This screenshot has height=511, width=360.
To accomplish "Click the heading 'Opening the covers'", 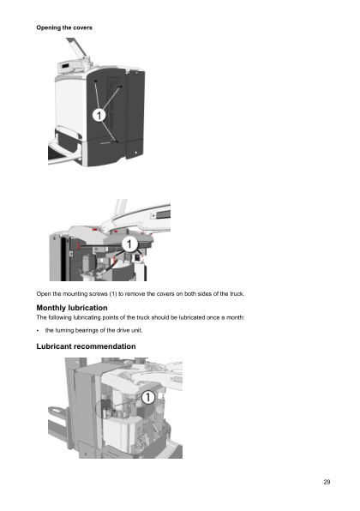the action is (64, 27).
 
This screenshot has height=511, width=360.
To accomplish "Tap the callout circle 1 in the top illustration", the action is (99, 115).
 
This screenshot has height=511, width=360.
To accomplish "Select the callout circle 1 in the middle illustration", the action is (129, 243).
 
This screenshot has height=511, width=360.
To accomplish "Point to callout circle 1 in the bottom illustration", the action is (148, 397).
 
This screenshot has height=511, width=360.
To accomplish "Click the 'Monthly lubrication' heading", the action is (72, 308).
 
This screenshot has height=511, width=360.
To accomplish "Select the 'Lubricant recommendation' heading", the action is (86, 346).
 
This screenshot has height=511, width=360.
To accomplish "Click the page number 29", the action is (327, 482).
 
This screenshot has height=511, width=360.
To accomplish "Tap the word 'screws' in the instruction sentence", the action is (98, 294).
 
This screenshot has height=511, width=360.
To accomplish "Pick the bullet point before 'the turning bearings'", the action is (38, 331).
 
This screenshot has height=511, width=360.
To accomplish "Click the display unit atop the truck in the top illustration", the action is (66, 67).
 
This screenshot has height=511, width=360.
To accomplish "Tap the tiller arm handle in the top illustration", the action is (77, 47).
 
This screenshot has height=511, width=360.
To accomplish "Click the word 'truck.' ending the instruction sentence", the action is (237, 294).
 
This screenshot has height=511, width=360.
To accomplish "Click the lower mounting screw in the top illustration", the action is (116, 141).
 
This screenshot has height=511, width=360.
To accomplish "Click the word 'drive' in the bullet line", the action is (123, 330).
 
